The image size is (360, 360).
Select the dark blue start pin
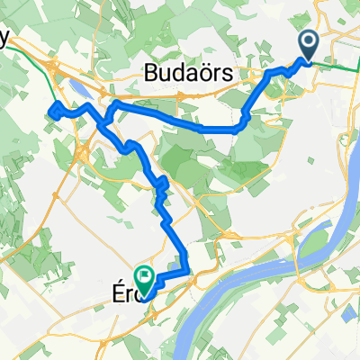click(309, 44)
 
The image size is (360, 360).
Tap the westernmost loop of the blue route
click(56, 111)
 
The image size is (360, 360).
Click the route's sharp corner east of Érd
click(186, 269)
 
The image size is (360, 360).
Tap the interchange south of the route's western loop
click(82, 153)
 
